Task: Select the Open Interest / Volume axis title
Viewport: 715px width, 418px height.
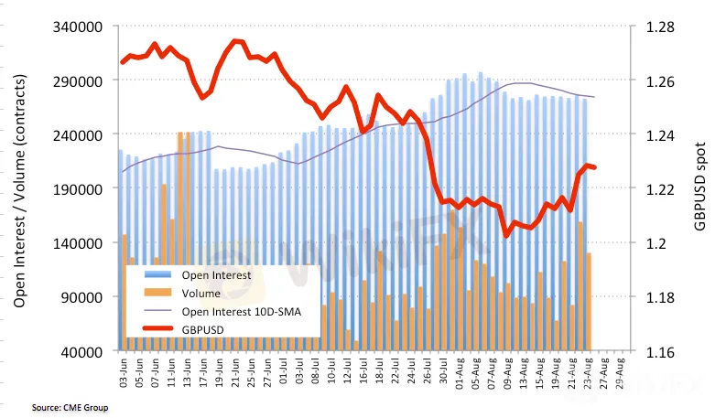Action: tap(18, 189)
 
